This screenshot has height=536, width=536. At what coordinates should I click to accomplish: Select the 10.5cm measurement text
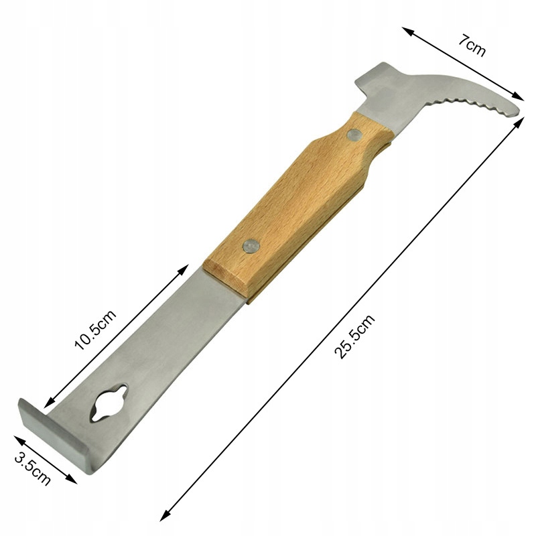95,329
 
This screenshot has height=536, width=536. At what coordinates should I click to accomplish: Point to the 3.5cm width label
33,469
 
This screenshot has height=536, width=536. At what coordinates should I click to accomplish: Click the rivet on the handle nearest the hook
352,135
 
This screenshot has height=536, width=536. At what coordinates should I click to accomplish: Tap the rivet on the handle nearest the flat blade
251,246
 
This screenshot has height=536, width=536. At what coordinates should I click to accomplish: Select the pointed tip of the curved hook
519,111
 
